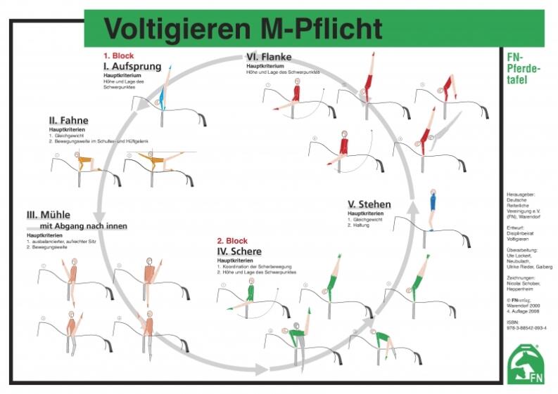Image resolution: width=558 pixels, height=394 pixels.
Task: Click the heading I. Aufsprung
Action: click(132, 67)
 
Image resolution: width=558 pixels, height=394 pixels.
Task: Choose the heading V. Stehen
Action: click(369, 205)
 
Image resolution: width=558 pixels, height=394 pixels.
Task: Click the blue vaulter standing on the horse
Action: click(433, 207)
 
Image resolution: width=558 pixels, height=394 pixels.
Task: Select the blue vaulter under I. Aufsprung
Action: click(163, 91)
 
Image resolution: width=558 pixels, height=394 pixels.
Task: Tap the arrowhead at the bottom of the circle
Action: click(260, 367)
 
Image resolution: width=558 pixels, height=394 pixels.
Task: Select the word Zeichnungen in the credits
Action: click(521, 278)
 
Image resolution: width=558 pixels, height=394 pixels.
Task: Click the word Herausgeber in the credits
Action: click(523, 194)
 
